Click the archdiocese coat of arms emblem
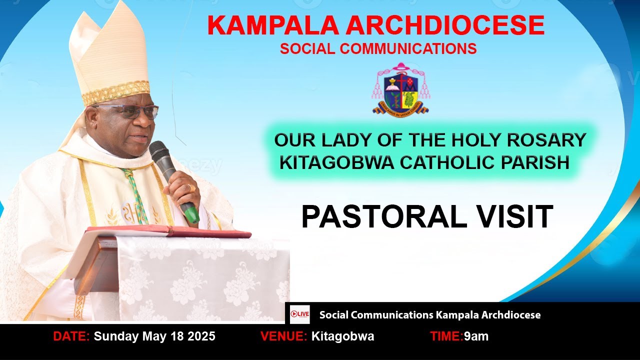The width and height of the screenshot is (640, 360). tap(400, 90)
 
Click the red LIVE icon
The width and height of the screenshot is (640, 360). tap(300, 314)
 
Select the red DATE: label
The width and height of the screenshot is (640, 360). tap(71, 336)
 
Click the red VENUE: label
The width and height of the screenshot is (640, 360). tap(283, 336)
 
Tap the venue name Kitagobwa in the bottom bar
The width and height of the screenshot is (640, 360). tap(342, 336)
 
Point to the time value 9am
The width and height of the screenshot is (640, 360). tap(476, 336)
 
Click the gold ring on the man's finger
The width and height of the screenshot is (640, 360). tap(191, 188)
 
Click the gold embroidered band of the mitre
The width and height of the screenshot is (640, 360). tap(115, 92)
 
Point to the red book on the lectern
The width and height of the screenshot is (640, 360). tap(167, 231)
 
